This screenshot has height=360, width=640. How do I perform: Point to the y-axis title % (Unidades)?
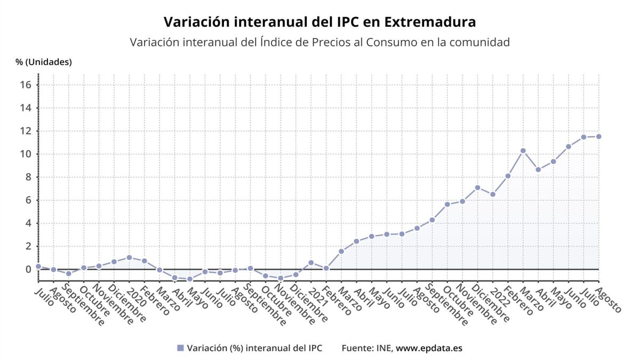(x=44, y=62)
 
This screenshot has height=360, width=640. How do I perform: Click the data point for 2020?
(x=129, y=258)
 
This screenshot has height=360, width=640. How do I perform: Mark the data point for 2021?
(x=311, y=262)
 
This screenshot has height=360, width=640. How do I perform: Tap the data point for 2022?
(x=493, y=194)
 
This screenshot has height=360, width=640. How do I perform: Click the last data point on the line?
(x=598, y=137)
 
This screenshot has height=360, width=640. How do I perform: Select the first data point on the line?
(x=38, y=266)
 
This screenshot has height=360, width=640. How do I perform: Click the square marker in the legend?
(x=180, y=348)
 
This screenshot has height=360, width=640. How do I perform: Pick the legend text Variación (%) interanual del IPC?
(x=254, y=348)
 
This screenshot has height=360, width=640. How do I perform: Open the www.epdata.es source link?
(x=429, y=348)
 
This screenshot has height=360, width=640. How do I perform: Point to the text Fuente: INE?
(x=367, y=348)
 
